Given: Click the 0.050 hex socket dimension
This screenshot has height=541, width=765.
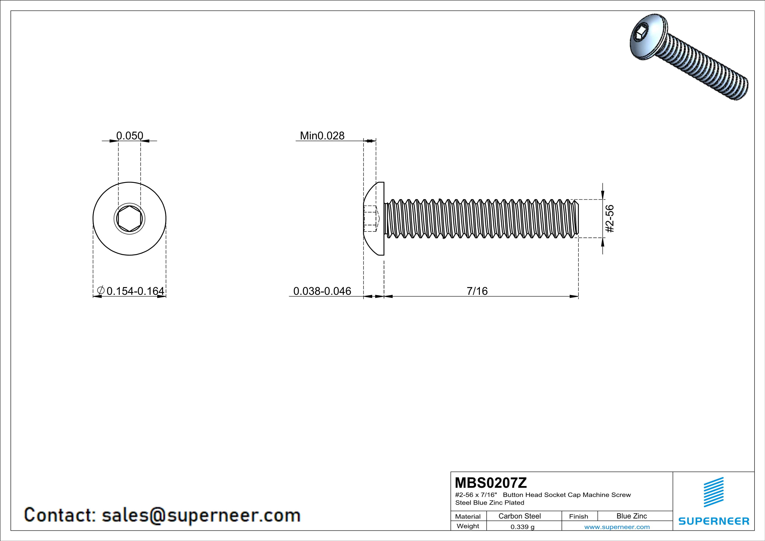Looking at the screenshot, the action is (x=130, y=136).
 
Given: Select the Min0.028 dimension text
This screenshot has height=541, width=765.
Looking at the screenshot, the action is (x=322, y=136).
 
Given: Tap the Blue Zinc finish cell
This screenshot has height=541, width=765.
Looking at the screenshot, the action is (x=632, y=516).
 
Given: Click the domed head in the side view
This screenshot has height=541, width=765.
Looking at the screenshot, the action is (x=373, y=219).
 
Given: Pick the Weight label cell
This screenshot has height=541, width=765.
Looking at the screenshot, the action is (x=468, y=526).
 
